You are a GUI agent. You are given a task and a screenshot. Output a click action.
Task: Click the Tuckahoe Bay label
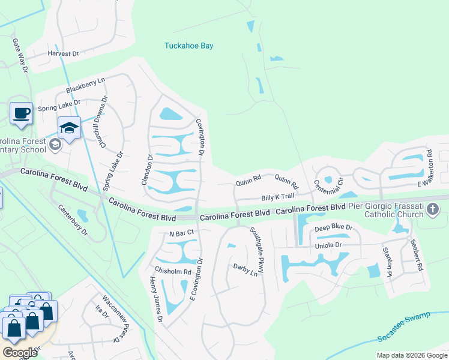[x=188, y=46]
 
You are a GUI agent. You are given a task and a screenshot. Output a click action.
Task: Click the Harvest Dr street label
[x=64, y=53]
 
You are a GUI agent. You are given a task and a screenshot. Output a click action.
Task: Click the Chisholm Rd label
[x=172, y=271]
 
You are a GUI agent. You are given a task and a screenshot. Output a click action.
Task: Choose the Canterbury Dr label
[x=72, y=220]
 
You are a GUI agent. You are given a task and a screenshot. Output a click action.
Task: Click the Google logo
[x=20, y=353]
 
